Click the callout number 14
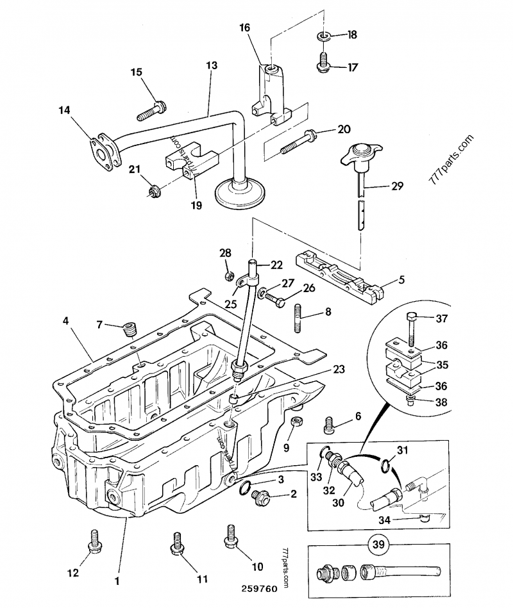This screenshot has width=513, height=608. point(64,110)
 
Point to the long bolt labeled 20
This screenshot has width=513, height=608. point(298,142)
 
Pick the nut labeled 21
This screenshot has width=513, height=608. point(153,190)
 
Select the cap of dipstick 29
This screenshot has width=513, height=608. point(358,154)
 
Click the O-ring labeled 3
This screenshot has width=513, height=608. point(244,488)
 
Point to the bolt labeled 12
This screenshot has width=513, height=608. point(94,540)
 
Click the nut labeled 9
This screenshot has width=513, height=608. point(296,423)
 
